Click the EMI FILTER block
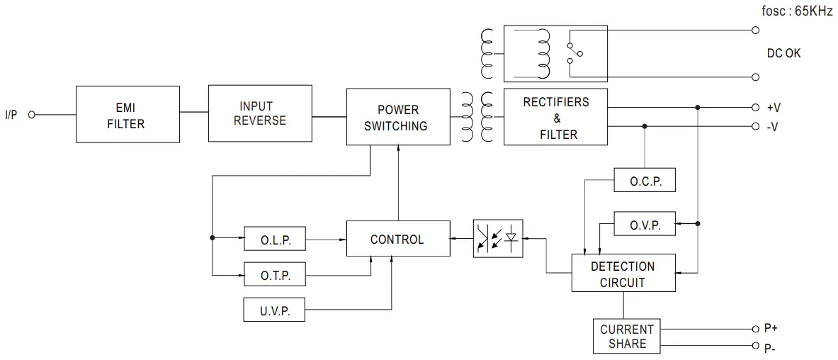pyautogui.click(x=127, y=115)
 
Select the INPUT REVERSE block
pyautogui.click(x=259, y=113)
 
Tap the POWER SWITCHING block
pyautogui.click(x=397, y=117)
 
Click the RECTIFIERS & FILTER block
pyautogui.click(x=555, y=117)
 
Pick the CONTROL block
pyautogui.click(x=397, y=240)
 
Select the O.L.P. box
pyautogui.click(x=276, y=240)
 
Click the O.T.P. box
pyautogui.click(x=276, y=274)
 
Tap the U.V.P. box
pyautogui.click(x=276, y=310)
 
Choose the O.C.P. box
pyautogui.click(x=645, y=181)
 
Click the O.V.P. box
pyautogui.click(x=645, y=225)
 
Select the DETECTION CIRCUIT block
pyautogui.click(x=623, y=274)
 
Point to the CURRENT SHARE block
pyautogui.click(x=627, y=336)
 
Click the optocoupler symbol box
pyautogui.click(x=498, y=238)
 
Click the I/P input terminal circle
pyautogui.click(x=32, y=115)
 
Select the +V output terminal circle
pyautogui.click(x=755, y=108)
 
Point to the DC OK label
pyautogui.click(x=784, y=53)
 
